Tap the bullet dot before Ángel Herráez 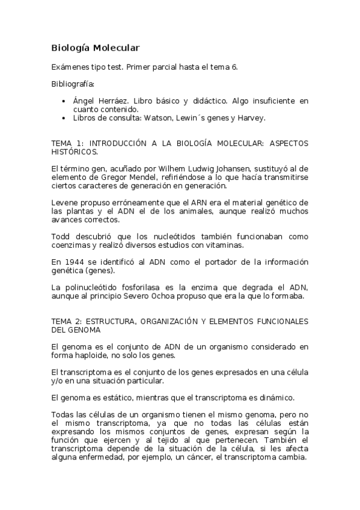(x=64, y=101)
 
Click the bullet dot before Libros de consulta (x=64, y=118)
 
